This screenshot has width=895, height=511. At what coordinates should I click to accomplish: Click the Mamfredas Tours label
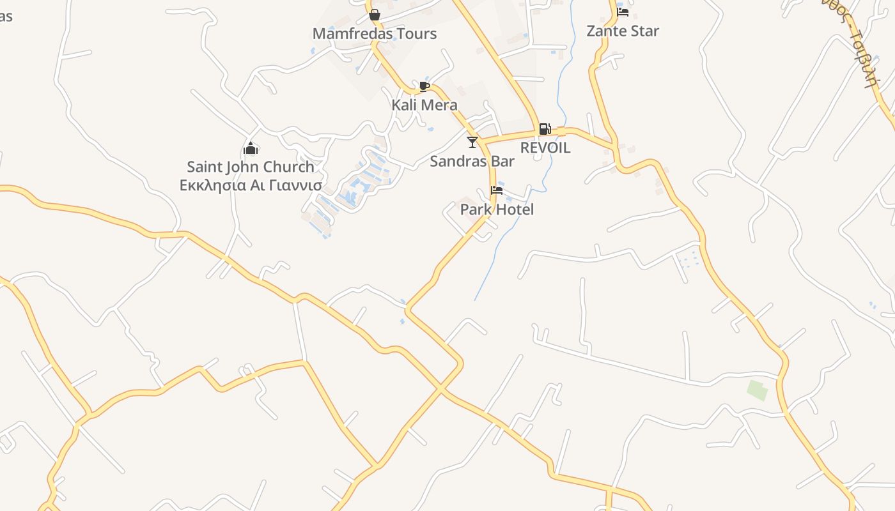[375, 34]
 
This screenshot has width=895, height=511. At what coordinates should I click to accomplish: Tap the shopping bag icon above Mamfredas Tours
[375, 14]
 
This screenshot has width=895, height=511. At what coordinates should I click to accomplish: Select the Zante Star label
[623, 31]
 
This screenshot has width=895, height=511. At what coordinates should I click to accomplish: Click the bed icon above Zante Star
[623, 11]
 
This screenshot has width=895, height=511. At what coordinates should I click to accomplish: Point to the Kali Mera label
[424, 105]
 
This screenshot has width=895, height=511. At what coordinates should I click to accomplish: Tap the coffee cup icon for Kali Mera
[424, 86]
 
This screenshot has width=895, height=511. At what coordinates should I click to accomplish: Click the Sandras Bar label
[472, 161]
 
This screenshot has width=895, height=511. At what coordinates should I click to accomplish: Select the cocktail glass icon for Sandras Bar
[472, 142]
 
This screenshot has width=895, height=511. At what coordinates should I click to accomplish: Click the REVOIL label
[545, 148]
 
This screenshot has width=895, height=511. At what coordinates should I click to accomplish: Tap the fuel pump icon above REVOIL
[545, 129]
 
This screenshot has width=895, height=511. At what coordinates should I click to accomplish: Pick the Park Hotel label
[497, 210]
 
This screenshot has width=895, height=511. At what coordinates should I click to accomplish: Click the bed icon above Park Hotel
[497, 190]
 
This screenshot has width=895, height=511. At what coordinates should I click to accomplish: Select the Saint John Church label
[251, 167]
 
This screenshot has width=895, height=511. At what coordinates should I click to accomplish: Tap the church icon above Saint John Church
[251, 149]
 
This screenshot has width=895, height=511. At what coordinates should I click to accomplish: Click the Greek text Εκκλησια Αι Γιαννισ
[251, 185]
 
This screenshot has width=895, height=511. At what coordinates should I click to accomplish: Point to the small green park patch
[758, 390]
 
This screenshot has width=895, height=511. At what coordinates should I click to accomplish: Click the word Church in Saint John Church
[289, 167]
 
